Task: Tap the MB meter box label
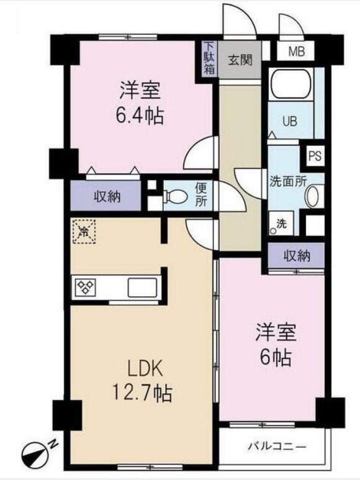[x=296, y=52]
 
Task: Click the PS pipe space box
[x=315, y=155]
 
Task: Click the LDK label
[x=145, y=369]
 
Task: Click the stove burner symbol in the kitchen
[x=85, y=287]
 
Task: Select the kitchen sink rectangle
[x=142, y=288]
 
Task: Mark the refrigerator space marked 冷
[x=83, y=232]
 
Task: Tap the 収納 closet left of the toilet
[x=107, y=197]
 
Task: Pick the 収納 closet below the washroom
[x=295, y=255]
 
